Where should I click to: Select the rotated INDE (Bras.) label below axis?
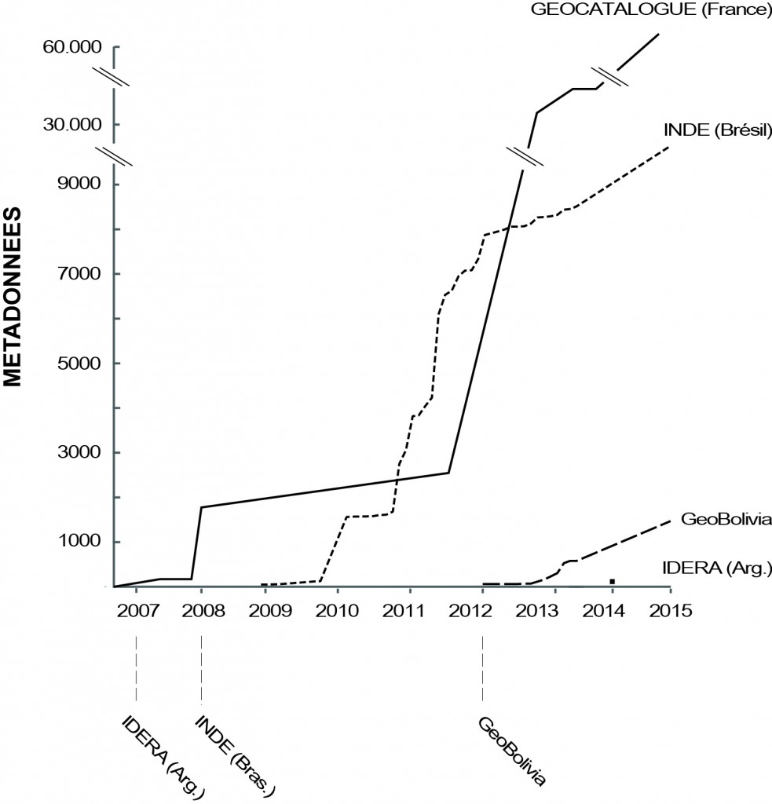235,753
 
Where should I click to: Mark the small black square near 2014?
612,581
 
